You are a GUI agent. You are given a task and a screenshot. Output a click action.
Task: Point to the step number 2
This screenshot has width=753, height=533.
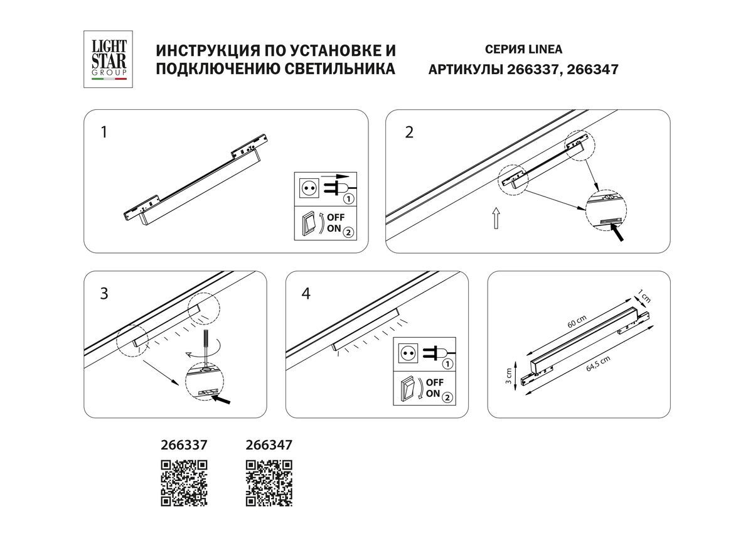tap(409, 133)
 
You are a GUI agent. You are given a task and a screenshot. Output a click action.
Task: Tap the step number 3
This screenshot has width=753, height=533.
tap(104, 293)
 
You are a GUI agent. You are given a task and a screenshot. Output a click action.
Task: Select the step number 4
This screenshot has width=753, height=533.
tap(306, 293)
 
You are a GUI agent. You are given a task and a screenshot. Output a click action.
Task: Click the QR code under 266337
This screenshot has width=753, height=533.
tap(184, 483)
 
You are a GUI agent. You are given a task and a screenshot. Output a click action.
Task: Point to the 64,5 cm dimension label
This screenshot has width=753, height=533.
tap(597, 363)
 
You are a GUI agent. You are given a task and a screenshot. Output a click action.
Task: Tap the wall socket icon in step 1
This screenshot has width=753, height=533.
tap(307, 187)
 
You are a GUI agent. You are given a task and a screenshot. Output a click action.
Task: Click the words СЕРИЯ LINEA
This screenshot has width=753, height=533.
tap(524, 50)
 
